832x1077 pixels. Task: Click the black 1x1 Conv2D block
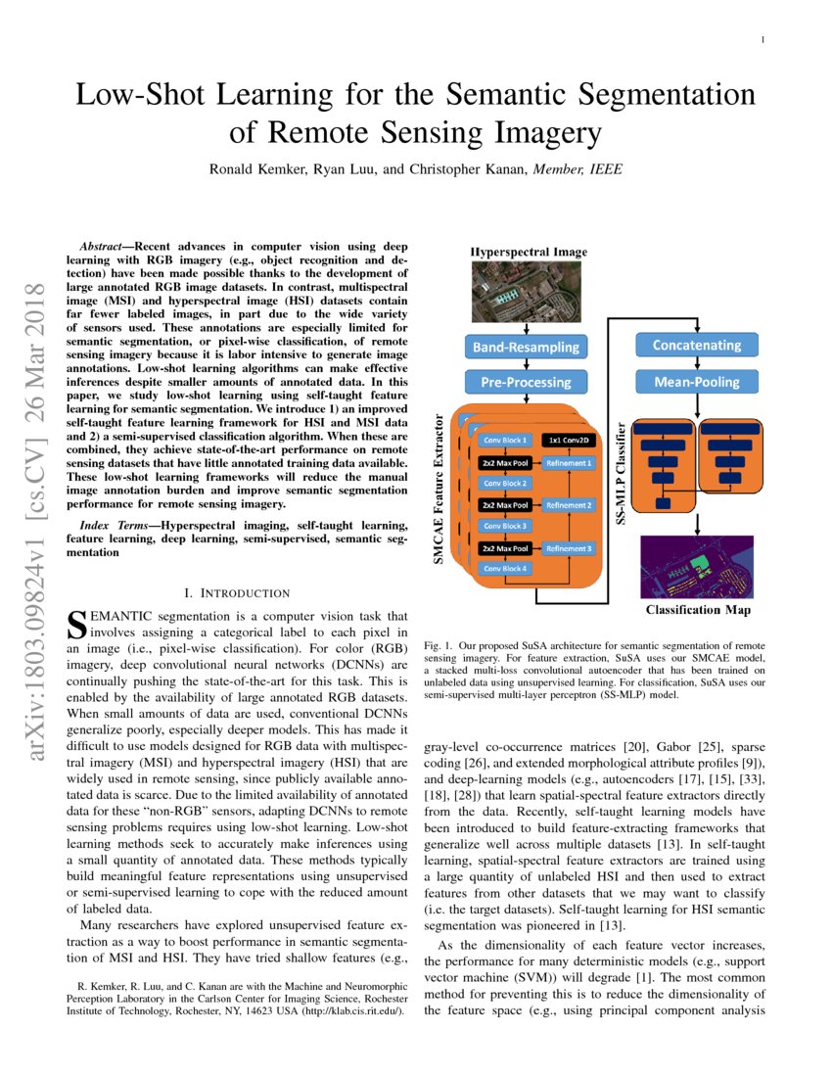tap(568, 440)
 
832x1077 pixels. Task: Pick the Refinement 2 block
tap(569, 505)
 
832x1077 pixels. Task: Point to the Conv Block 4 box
tap(503, 569)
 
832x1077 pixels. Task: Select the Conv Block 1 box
tap(503, 440)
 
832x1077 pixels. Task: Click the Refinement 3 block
tap(569, 548)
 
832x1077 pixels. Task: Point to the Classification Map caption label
tap(697, 611)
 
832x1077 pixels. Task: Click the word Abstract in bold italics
tap(103, 248)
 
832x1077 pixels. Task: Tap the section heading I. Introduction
tap(237, 592)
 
